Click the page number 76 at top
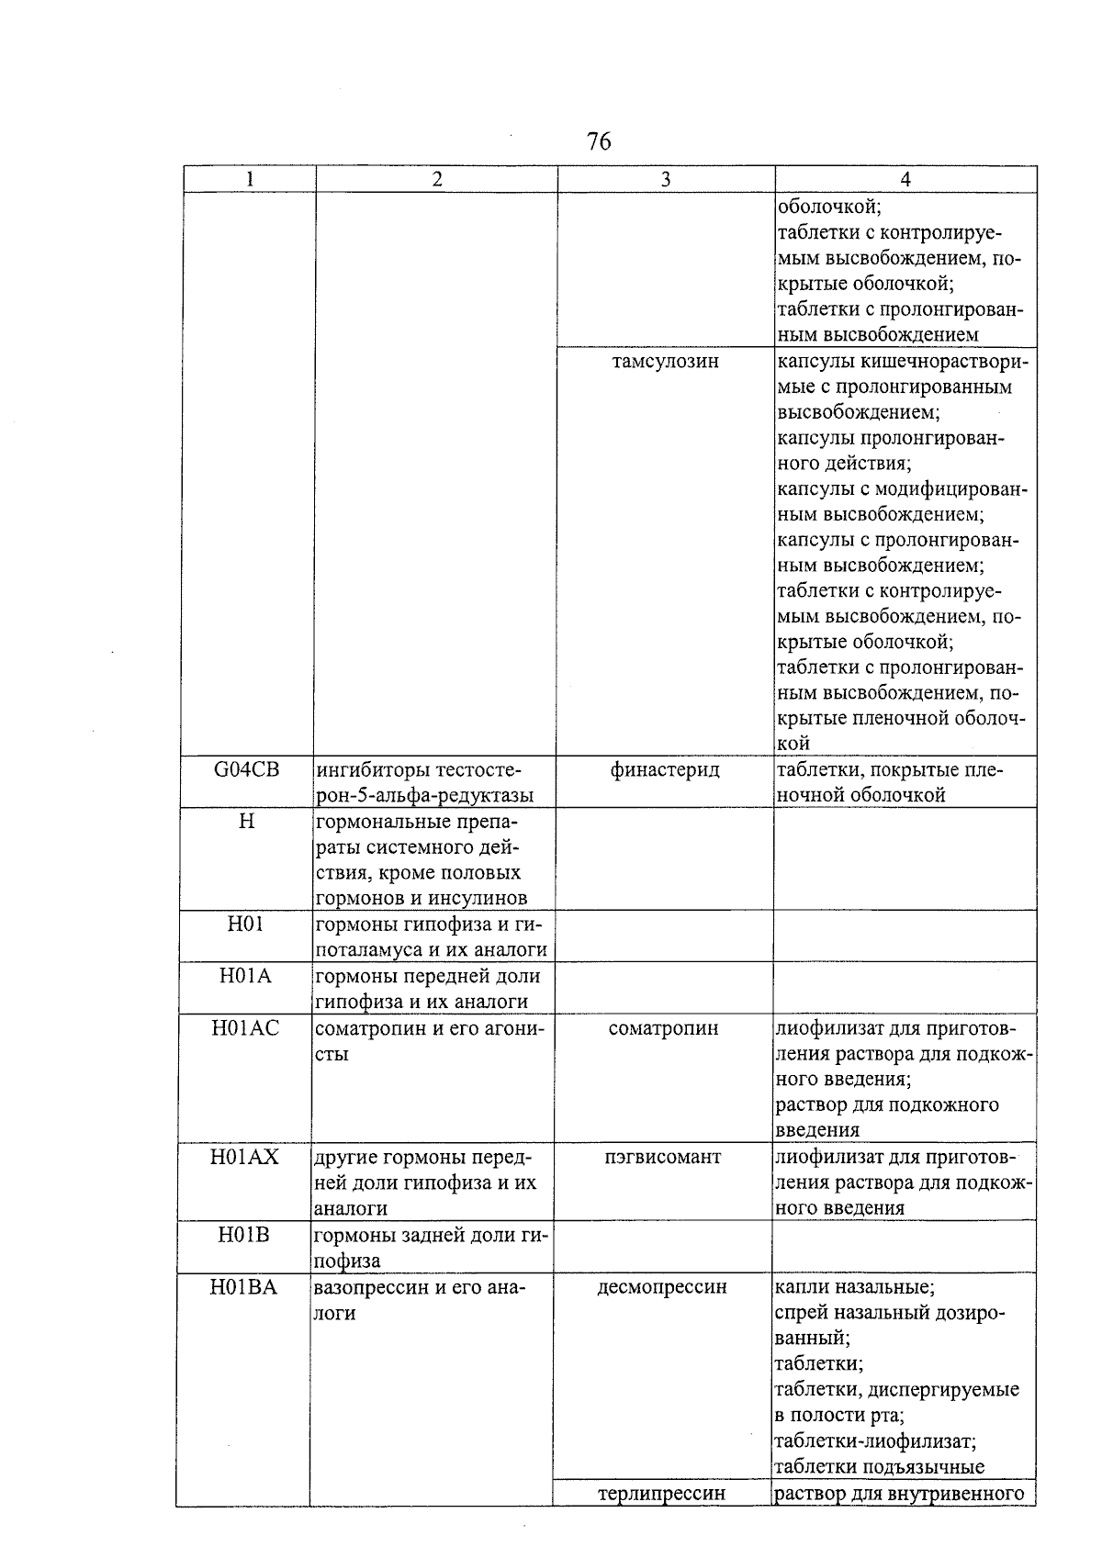coord(598,141)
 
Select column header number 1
coord(250,179)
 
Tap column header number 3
coord(665,179)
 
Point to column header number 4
coord(905,179)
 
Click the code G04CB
coord(246,769)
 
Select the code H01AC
coord(245,1028)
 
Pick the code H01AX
coord(245,1157)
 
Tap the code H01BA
coord(243,1287)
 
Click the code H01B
coord(244,1235)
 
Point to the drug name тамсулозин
coord(665,361)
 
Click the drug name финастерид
coord(665,769)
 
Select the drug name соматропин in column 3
coord(663,1028)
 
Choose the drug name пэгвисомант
coord(663,1157)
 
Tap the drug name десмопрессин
coord(662,1287)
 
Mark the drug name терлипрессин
coord(661,1493)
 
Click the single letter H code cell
coord(246,821)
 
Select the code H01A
coord(245,976)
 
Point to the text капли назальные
coord(854,1287)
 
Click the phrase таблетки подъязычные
coord(879,1466)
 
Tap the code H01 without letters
coord(245,924)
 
